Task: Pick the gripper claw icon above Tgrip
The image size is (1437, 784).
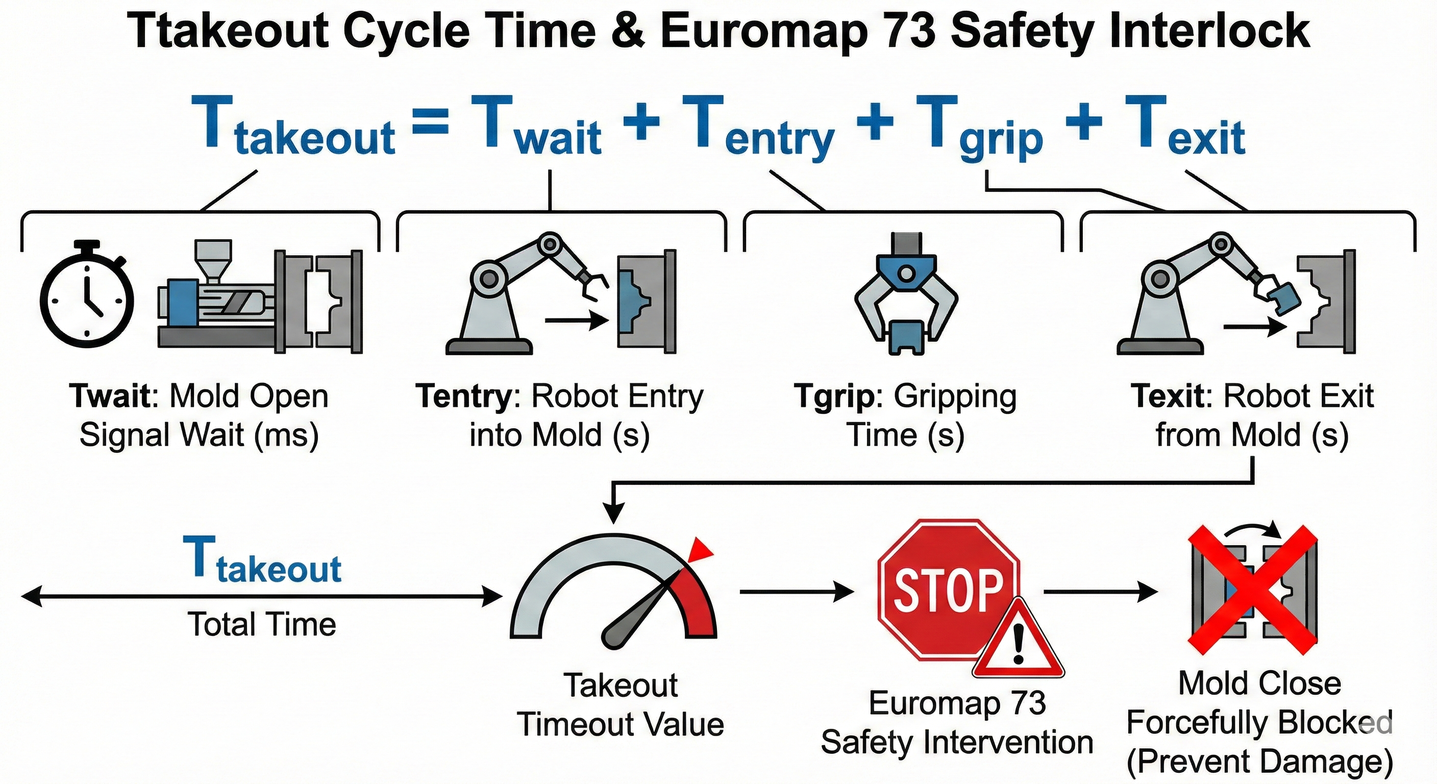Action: point(906,296)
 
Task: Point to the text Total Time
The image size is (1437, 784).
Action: point(262,624)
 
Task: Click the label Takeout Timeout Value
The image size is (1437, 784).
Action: point(621,705)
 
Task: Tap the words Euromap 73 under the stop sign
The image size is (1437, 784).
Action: point(957,703)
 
